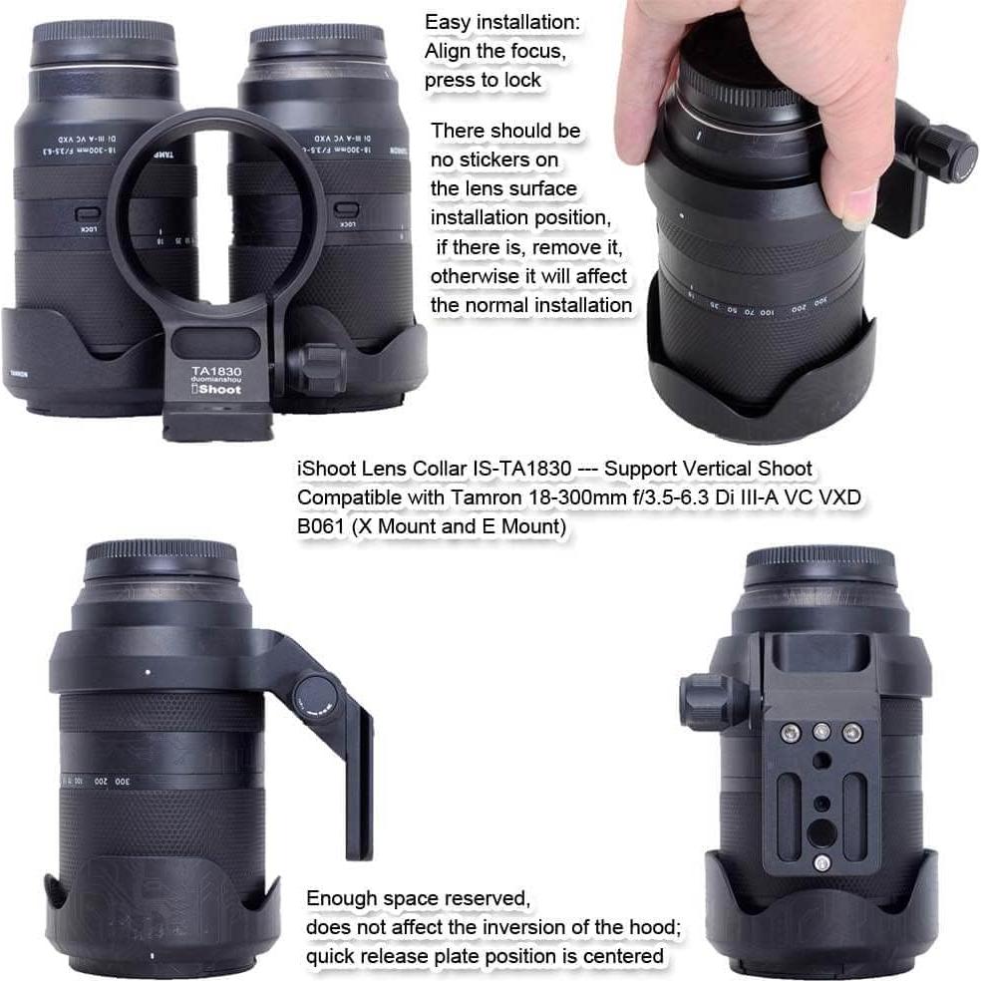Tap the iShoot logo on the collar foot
[x=216, y=390]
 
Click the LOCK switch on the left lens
[x=88, y=215]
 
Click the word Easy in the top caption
[x=448, y=22]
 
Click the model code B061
[x=321, y=527]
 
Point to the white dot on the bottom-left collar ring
[x=148, y=671]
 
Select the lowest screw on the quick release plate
[x=821, y=863]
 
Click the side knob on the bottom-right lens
[x=705, y=699]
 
